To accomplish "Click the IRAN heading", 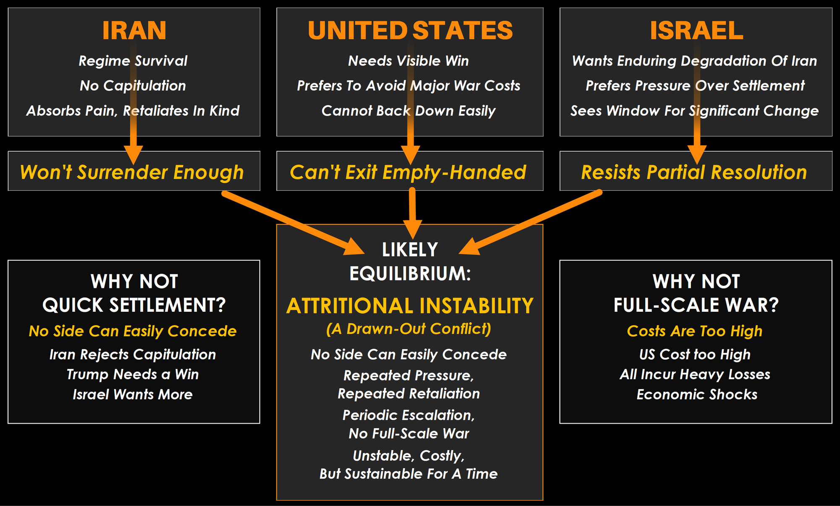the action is (134, 30).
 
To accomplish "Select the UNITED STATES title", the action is (410, 30).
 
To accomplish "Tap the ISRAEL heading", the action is (696, 30).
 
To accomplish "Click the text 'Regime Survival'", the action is (133, 61).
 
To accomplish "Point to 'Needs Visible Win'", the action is (408, 61).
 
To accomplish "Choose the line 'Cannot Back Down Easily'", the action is (408, 111).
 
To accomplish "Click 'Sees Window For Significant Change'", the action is (695, 111).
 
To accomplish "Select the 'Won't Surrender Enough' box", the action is (134, 171).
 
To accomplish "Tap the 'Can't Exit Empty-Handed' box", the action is (410, 171).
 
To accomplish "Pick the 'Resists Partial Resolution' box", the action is (696, 171).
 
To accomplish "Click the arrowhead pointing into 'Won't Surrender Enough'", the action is (134, 155).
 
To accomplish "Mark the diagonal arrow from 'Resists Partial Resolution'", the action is (530, 223).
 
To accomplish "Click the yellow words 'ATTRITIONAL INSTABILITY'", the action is (410, 306).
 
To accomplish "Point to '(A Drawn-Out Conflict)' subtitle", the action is (409, 329).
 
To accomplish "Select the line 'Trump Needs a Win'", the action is (133, 374).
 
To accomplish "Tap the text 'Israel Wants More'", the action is (133, 395).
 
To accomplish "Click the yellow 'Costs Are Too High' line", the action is (695, 331).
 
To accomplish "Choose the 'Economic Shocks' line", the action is (697, 395).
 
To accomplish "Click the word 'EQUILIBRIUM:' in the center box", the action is (410, 274).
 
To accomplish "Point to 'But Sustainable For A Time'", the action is (409, 474).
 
